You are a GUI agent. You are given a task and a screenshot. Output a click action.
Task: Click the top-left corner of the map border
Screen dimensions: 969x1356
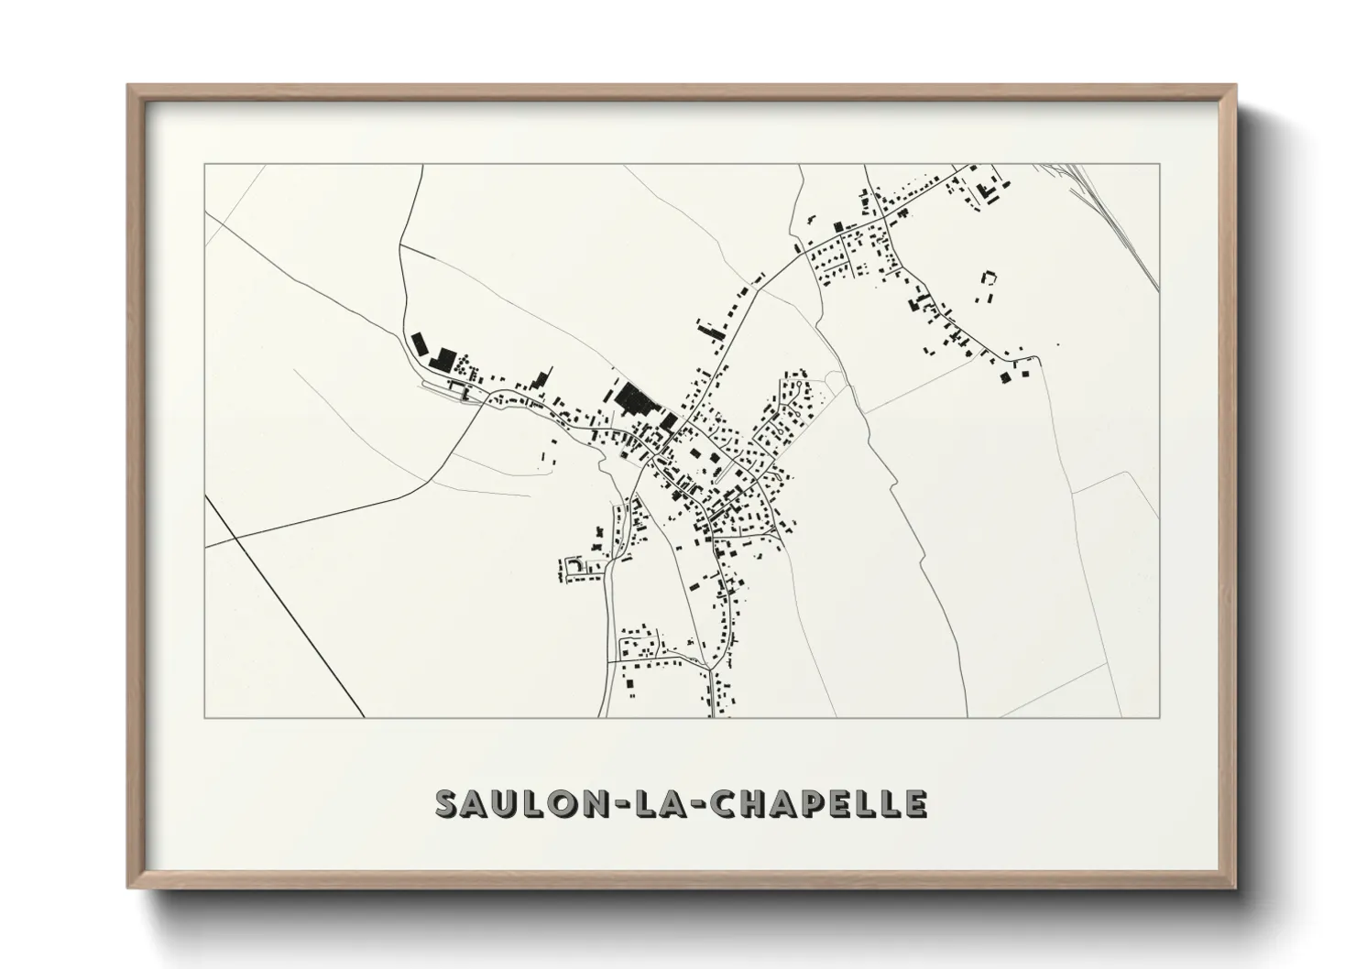pos(204,164)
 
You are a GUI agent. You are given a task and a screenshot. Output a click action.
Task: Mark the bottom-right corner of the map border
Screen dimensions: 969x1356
pos(1159,717)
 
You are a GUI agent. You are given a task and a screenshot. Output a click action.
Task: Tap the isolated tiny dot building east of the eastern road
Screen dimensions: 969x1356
pos(1057,344)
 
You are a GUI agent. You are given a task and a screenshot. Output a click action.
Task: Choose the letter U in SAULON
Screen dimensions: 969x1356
pos(504,803)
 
